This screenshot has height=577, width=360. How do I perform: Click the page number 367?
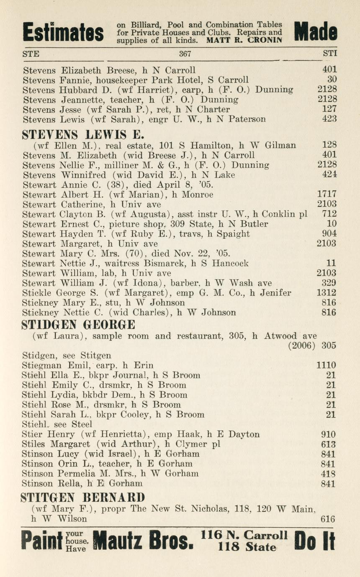185,54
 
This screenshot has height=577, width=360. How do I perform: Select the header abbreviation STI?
330,54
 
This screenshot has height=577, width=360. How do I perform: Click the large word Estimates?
63,32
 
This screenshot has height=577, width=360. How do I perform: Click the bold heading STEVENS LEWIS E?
83,135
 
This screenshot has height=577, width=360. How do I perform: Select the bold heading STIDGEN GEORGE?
78,324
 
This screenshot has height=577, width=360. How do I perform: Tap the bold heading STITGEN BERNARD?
82,497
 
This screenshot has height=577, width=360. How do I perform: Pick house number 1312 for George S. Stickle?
327,293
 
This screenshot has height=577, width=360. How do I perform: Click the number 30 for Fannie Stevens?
332,79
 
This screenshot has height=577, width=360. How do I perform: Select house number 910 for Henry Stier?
328,434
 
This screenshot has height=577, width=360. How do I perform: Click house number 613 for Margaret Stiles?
328,444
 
